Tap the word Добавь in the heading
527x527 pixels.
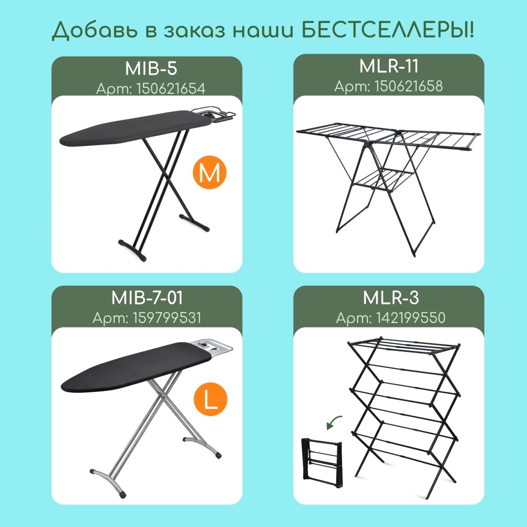tap(95, 31)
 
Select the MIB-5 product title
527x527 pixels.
tap(151, 68)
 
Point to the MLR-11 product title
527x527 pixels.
tap(389, 66)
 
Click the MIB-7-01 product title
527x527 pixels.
tap(147, 298)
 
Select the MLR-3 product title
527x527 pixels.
tap(391, 298)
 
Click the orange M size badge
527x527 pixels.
tap(209, 172)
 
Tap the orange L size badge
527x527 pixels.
tap(211, 399)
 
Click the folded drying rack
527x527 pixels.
tap(322, 462)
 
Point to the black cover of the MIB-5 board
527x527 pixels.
tap(135, 128)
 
